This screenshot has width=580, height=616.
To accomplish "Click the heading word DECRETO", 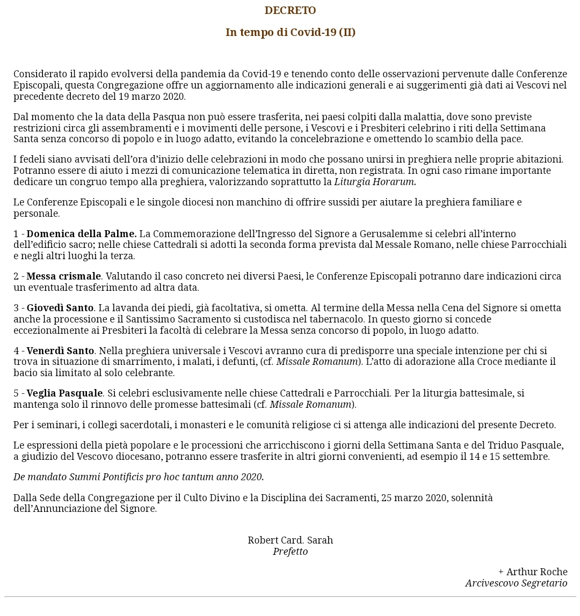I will click(x=290, y=11).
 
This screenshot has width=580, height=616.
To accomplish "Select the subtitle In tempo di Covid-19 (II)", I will click(x=290, y=32).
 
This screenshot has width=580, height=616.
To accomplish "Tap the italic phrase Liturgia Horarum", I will click(x=375, y=181).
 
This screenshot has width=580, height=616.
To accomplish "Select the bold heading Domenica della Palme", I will click(x=82, y=234).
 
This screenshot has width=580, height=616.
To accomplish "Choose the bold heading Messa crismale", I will click(x=63, y=276).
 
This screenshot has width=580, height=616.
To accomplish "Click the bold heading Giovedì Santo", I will click(x=60, y=308).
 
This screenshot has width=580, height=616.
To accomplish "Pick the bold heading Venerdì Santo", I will click(x=60, y=351).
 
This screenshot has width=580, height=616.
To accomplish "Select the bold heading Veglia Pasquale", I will click(x=64, y=393).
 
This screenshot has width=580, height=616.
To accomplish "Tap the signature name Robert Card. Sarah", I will click(x=290, y=540).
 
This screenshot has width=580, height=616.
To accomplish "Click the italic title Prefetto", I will click(x=290, y=552).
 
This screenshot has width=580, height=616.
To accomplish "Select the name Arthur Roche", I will click(x=536, y=572).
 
